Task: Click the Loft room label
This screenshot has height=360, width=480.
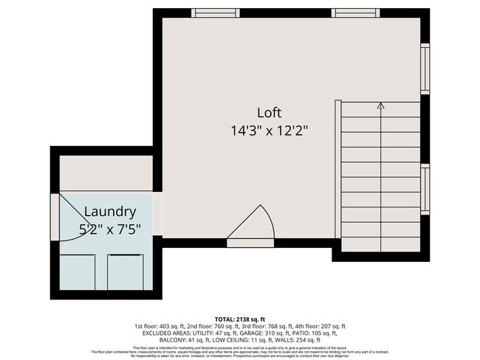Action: (x=270, y=113)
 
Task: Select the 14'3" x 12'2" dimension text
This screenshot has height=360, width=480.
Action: (x=269, y=131)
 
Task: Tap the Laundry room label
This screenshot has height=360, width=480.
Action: (x=109, y=211)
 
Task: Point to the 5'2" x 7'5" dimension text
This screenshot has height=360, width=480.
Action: (x=109, y=229)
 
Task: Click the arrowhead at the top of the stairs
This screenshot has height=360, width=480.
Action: (x=381, y=106)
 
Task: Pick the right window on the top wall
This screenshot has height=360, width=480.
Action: (x=356, y=13)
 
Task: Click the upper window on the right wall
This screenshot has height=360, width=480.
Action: (x=425, y=69)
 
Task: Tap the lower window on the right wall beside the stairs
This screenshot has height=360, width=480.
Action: (x=425, y=189)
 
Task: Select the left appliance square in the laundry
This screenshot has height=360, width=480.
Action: (x=78, y=271)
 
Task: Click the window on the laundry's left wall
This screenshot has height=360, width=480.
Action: (x=55, y=222)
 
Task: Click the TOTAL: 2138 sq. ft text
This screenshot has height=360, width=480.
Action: (x=239, y=318)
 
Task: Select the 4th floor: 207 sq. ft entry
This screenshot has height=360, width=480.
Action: (x=318, y=326)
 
